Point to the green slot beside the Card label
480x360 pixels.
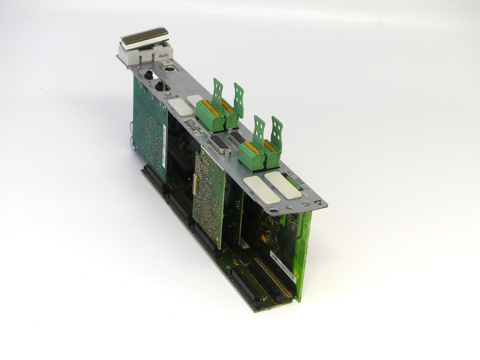coord(292,181)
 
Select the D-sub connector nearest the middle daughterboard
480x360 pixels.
coord(219,144)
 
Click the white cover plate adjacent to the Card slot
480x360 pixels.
coord(282,185)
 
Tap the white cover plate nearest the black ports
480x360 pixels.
coord(180,107)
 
